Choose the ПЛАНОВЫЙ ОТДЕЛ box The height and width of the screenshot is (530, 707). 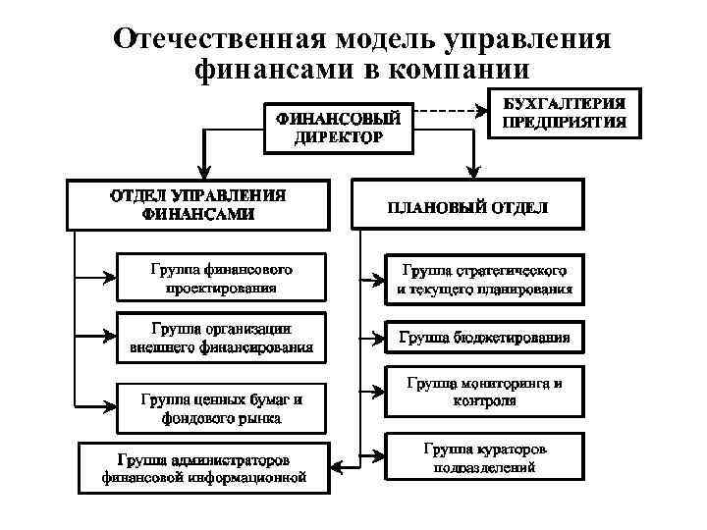[x=468, y=208]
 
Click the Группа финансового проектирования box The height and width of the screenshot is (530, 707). [x=221, y=277]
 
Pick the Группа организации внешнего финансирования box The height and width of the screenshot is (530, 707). [x=221, y=337]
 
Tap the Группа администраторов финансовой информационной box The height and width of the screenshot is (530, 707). [x=204, y=468]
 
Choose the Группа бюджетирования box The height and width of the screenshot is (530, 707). [x=484, y=338]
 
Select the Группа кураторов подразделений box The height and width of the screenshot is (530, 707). [x=484, y=457]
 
